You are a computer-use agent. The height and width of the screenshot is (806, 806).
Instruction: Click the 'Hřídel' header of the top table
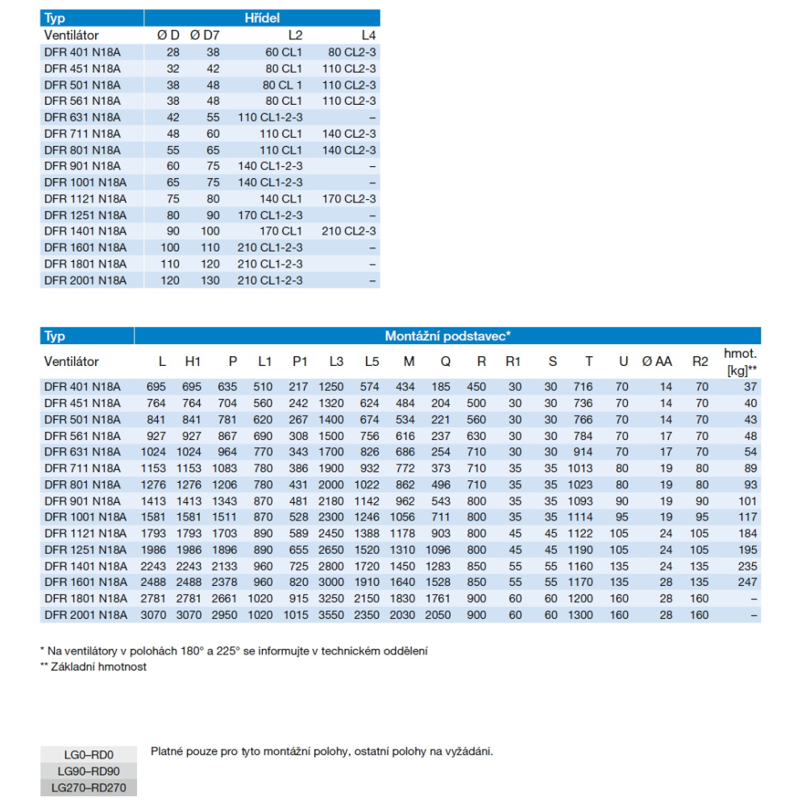(261, 17)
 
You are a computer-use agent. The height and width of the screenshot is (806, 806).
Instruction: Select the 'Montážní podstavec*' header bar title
(447, 336)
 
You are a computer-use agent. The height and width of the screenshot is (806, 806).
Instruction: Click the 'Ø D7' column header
(205, 35)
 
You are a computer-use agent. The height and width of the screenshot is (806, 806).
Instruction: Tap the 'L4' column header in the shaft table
(368, 35)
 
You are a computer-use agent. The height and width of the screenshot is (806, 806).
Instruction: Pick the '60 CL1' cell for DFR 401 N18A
(284, 52)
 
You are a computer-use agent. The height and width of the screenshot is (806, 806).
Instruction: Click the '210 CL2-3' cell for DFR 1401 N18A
(350, 231)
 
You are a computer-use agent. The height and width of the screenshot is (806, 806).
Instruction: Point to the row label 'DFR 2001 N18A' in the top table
(85, 280)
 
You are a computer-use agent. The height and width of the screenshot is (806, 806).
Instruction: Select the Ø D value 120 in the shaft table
(170, 280)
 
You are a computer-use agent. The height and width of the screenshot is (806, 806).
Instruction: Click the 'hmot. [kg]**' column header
(741, 361)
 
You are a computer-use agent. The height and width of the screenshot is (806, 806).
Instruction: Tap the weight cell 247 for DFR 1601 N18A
(747, 582)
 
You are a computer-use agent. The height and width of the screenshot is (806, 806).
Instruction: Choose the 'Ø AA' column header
(657, 362)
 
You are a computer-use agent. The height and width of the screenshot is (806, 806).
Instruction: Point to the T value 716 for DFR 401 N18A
(582, 387)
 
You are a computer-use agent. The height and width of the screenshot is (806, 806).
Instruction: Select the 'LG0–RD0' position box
(89, 755)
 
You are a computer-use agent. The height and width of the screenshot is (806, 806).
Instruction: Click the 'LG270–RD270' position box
(89, 787)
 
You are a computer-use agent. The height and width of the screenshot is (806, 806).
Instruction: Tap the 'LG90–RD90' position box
(89, 771)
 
